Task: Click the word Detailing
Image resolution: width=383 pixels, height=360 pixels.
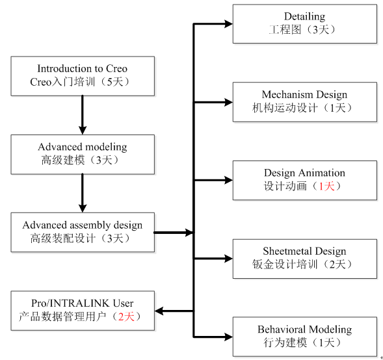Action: (x=304, y=17)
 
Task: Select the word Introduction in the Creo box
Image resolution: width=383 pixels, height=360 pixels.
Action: (x=65, y=69)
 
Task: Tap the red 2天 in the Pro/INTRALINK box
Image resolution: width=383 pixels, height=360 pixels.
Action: (x=126, y=316)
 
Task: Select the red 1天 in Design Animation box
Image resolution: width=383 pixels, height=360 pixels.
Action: (x=326, y=186)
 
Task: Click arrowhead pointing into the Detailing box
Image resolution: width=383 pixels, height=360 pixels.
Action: (x=229, y=23)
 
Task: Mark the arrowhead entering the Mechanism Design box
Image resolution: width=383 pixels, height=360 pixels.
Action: (x=229, y=102)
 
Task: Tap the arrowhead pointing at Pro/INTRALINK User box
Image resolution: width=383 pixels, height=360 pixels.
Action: (x=159, y=311)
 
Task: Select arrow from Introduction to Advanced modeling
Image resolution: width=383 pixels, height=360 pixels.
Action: (x=83, y=115)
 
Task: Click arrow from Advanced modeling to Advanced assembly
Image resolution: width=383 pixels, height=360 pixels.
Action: (x=83, y=193)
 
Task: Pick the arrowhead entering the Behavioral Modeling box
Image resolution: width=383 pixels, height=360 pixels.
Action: (x=229, y=337)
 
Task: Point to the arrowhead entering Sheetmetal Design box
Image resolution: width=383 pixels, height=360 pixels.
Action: (x=229, y=259)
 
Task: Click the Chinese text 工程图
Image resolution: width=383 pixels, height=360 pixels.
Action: (x=285, y=30)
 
